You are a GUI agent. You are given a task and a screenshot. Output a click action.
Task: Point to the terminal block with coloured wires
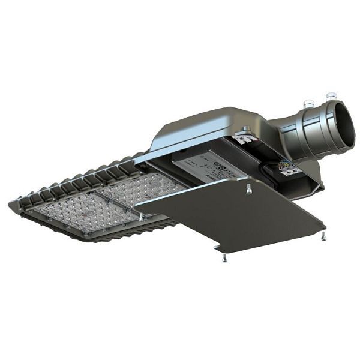tap(287, 168)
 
